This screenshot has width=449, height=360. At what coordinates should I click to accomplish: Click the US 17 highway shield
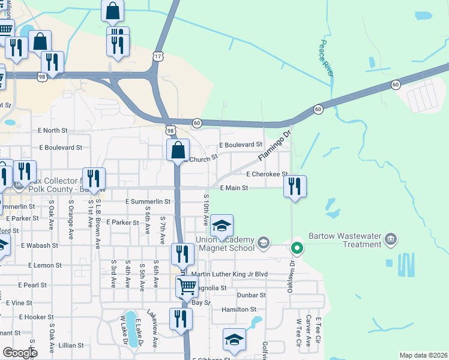click(x=158, y=55)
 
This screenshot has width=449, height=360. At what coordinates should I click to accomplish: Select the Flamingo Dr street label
click(x=275, y=146)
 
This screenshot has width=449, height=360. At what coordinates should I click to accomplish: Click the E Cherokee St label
click(x=267, y=174)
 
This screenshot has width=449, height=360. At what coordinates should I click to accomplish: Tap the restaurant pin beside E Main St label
click(x=295, y=187)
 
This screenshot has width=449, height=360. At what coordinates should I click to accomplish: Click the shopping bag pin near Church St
click(x=178, y=150)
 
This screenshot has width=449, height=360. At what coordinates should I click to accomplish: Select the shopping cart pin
click(x=187, y=287)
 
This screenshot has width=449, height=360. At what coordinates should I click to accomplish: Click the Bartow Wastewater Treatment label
click(x=345, y=240)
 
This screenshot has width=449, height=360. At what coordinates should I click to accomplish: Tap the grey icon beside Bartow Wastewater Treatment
click(x=391, y=240)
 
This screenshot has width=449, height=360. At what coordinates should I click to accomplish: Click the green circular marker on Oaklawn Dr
click(x=297, y=247)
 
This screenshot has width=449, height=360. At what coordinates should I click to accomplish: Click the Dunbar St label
click(x=250, y=295)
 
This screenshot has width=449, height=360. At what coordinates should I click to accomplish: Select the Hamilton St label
click(x=239, y=310)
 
